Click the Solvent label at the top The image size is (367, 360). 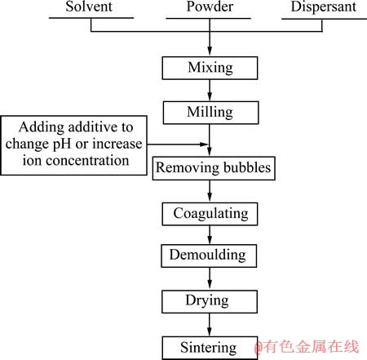coord(89,7)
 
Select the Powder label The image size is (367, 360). coord(210,7)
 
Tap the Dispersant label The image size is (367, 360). coord(324,7)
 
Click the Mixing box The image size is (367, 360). coord(210,68)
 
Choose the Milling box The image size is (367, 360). coord(210,113)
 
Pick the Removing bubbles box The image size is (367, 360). coord(214,168)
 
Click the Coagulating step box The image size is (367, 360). coord(210,214)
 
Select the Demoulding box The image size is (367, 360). coord(209,256)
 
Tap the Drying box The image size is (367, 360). coord(210,302)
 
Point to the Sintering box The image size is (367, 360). coord(210,348)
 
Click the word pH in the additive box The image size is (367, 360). coord(63,144)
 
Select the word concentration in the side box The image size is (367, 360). coord(87,161)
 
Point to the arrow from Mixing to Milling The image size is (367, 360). coord(210,91)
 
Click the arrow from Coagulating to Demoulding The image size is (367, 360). coord(210,235)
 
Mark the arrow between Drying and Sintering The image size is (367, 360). coord(210,325)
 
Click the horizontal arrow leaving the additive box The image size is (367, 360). coord(178,144)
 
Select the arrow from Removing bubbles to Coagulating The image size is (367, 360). coord(210,191)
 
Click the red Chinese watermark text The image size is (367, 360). coord(307,347)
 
